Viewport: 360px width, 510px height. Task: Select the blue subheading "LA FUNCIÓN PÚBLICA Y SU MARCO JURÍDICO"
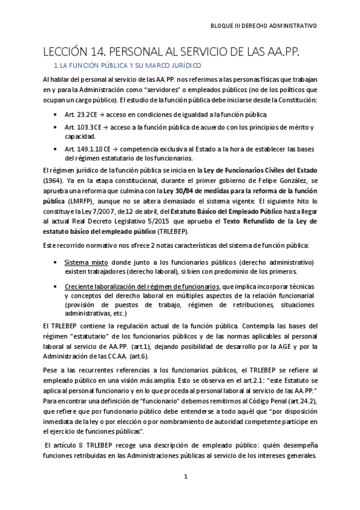131,64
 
